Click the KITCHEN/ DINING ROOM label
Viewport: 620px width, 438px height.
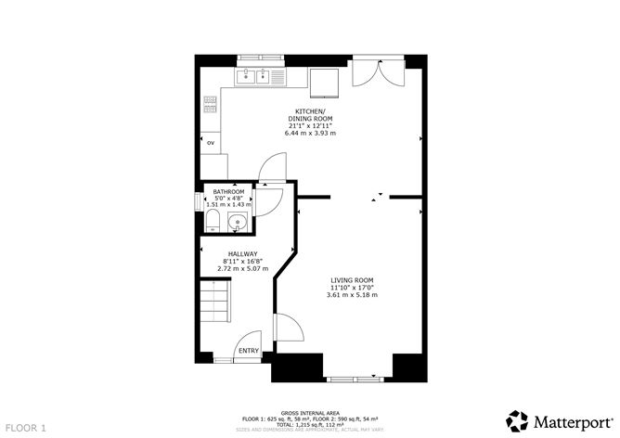point(310,117)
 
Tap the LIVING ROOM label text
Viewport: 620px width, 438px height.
point(352,279)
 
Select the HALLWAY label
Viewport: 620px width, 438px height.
point(242,254)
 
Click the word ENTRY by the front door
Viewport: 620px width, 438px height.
point(248,351)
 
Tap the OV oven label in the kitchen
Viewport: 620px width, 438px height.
point(211,143)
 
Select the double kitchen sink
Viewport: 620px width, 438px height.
point(252,76)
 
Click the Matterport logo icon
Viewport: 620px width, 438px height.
point(517,419)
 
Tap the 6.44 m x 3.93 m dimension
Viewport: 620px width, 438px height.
point(310,134)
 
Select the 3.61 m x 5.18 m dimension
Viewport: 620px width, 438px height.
point(352,296)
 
